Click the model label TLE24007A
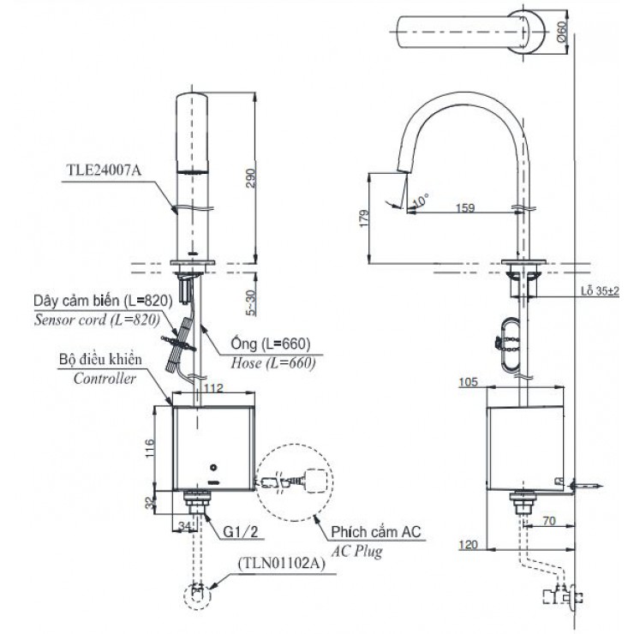[104, 170]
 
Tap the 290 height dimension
[251, 178]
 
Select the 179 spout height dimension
[364, 218]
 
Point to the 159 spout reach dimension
[465, 208]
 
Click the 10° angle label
[421, 200]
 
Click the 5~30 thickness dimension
[251, 302]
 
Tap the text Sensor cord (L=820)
[97, 320]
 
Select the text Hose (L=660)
[273, 362]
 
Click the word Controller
[105, 379]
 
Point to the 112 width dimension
[213, 388]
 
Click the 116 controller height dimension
[149, 448]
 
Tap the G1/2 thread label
[241, 532]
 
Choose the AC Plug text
[356, 551]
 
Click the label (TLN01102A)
[282, 563]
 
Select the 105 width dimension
[469, 382]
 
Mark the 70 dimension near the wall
[548, 521]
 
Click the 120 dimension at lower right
[469, 545]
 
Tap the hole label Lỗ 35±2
[600, 291]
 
